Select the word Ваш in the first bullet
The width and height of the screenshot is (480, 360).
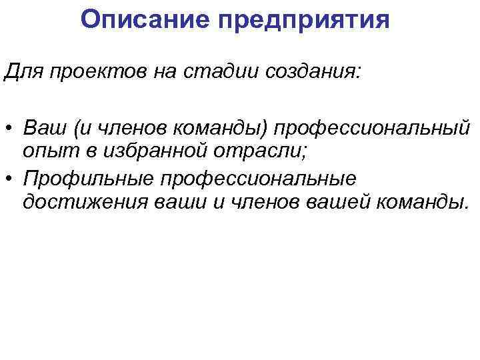[41, 126]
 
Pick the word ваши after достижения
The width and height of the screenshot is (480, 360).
[180, 203]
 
